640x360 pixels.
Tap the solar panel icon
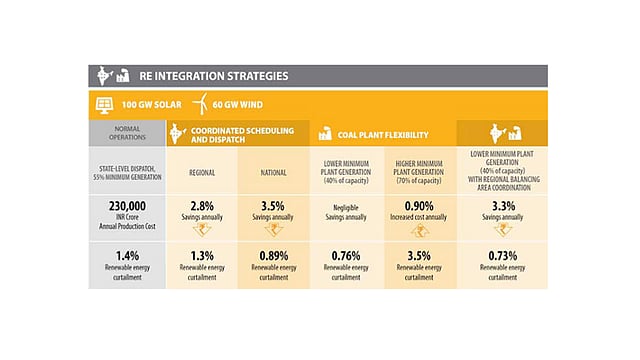coord(103,103)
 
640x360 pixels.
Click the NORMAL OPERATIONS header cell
coord(127,133)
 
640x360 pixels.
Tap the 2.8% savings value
coord(202,205)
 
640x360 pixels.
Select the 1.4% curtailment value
coord(127,255)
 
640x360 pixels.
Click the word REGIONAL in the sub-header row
coord(202,171)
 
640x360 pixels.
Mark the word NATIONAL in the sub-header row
coord(274,171)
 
